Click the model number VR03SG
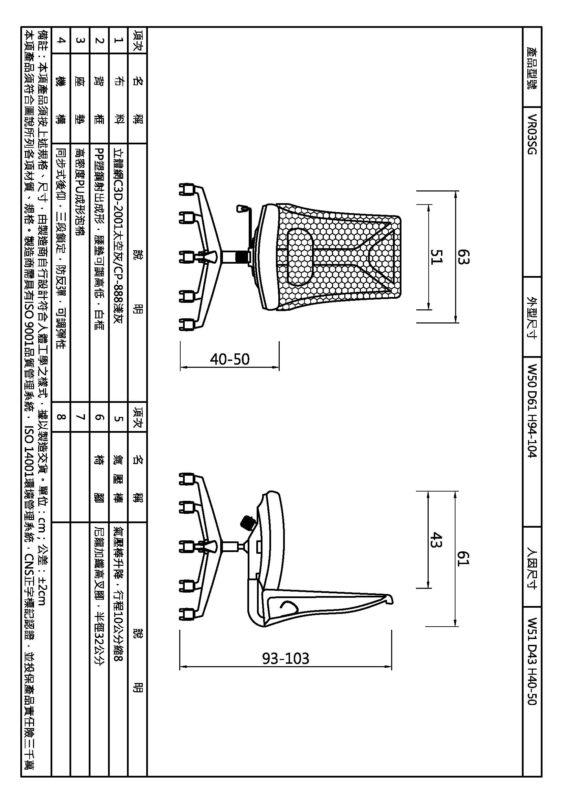click(x=532, y=134)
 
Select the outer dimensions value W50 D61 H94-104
click(x=532, y=411)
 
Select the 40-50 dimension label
click(x=230, y=359)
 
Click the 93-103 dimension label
click(x=286, y=658)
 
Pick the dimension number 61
click(x=462, y=559)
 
